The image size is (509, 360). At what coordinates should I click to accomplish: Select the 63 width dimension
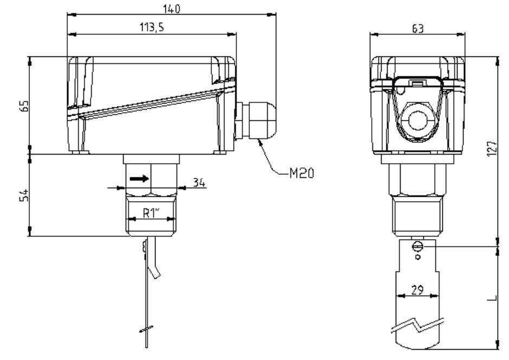pos(417,29)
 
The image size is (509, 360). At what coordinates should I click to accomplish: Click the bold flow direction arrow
pos(138,177)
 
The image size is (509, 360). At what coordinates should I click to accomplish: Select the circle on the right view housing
pos(418,120)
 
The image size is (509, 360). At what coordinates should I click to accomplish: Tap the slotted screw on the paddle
pos(417,247)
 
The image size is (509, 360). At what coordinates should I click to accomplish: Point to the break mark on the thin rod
pos(146,329)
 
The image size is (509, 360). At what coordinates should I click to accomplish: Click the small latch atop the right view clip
pos(417,83)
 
